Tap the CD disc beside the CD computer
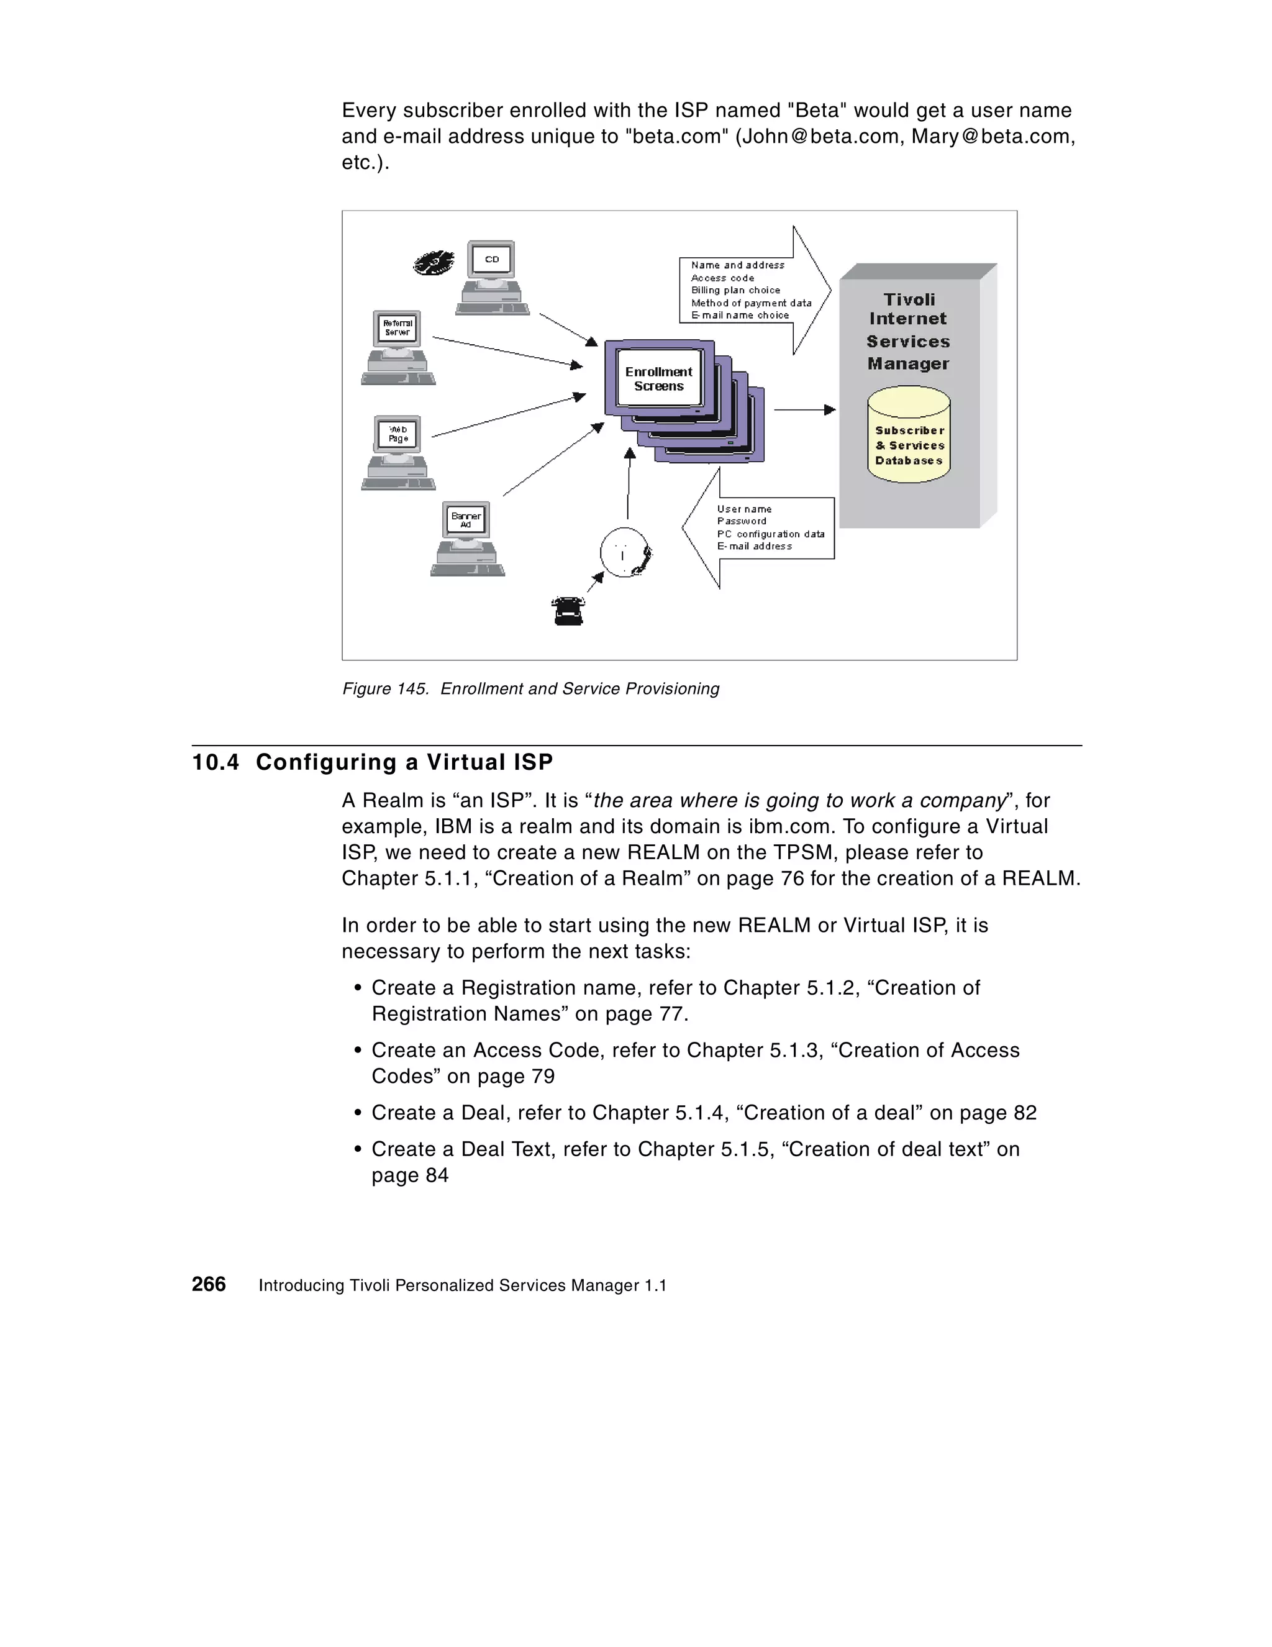(x=434, y=262)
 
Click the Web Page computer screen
(x=397, y=434)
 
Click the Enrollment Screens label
(x=658, y=378)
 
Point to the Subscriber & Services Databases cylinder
(x=909, y=435)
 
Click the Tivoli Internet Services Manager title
(x=908, y=331)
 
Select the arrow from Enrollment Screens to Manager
(x=804, y=409)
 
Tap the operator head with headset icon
(x=625, y=553)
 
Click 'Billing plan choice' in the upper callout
(x=735, y=290)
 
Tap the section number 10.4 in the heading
(x=216, y=762)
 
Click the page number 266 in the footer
(x=209, y=1284)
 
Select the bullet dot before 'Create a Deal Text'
(x=358, y=1150)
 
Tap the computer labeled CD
(x=492, y=278)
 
